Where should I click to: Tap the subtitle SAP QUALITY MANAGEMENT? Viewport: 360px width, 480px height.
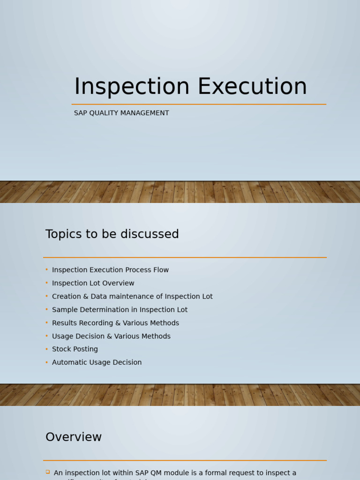coord(121,113)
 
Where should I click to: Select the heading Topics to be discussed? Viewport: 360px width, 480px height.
coord(112,234)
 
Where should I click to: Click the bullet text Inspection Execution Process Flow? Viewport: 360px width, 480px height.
coord(110,270)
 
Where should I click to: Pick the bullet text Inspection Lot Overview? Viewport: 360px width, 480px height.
coord(93,283)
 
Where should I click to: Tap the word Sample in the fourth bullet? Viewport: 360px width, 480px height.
coord(64,310)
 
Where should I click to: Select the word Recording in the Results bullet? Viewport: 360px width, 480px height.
coord(97,323)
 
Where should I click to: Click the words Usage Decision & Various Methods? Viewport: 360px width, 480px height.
coord(111,336)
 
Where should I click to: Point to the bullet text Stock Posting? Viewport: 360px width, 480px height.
coord(75,349)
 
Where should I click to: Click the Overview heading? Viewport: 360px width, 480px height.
coord(74,437)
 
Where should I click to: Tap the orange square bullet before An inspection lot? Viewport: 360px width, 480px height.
coord(48,472)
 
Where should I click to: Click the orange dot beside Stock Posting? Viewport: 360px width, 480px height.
coord(47,349)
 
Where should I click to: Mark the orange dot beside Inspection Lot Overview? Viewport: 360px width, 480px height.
coord(47,283)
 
